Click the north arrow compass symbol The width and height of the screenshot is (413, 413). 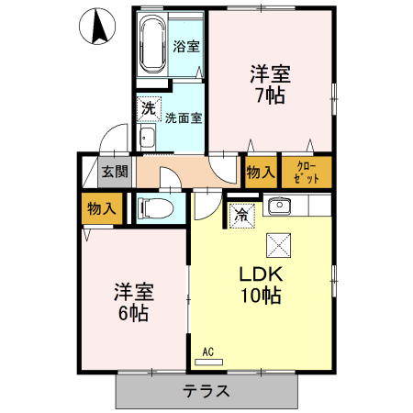[x=97, y=28]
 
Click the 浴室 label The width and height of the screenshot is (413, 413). [x=186, y=46]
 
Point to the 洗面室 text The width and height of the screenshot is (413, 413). [x=184, y=117]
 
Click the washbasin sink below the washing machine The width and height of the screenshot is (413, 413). [x=148, y=139]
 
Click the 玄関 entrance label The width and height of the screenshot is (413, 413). [x=115, y=171]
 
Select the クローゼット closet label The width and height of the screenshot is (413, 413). [x=306, y=171]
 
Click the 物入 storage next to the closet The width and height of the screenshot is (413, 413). [x=260, y=172]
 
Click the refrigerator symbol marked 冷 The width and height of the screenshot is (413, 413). [x=241, y=216]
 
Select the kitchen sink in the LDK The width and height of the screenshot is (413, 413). [x=279, y=206]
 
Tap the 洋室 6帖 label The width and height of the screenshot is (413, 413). [x=133, y=303]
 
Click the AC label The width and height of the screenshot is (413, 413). [x=207, y=352]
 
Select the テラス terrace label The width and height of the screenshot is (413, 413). [x=206, y=391]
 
